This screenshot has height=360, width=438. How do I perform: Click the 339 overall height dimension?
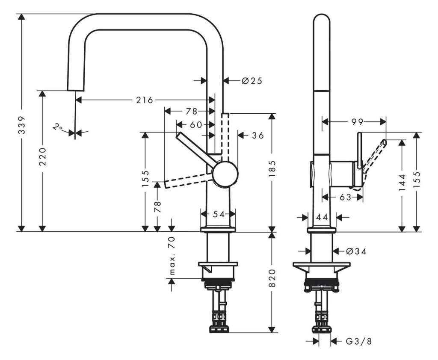click(x=22, y=125)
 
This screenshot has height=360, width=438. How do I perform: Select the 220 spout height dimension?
click(x=42, y=156)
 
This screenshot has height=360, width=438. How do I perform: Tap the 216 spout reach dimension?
click(x=145, y=100)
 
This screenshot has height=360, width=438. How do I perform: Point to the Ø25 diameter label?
click(x=252, y=81)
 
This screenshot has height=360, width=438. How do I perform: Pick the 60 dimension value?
click(x=196, y=124)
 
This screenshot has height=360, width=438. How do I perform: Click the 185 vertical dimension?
click(x=272, y=168)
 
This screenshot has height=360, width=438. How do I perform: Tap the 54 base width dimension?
click(x=219, y=214)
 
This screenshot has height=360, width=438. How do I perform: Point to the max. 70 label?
click(x=172, y=255)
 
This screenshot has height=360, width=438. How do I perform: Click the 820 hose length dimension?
click(x=272, y=278)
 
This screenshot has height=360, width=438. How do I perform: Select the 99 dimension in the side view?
click(x=357, y=122)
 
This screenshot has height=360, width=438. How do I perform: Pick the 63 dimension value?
click(x=345, y=197)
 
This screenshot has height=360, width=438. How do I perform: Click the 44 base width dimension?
click(x=322, y=217)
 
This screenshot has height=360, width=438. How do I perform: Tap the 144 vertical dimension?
click(x=402, y=183)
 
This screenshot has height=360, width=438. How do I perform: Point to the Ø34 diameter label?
click(x=356, y=251)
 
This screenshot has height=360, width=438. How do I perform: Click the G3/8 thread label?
click(x=359, y=341)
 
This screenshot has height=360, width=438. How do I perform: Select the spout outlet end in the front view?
click(x=76, y=90)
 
